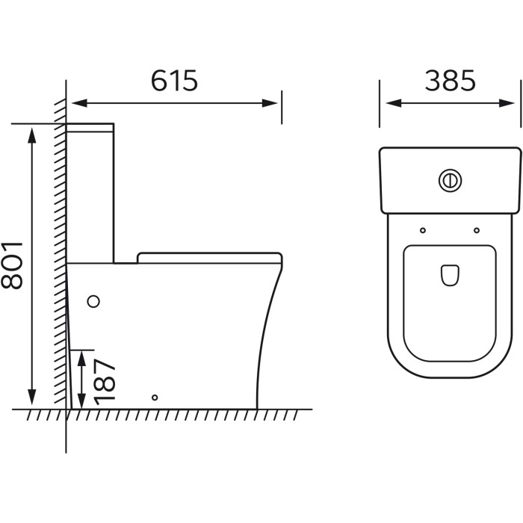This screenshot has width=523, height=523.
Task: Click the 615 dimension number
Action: tap(174, 81)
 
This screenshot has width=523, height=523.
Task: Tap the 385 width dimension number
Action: tap(450, 81)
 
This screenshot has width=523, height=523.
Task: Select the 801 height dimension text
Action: tap(12, 265)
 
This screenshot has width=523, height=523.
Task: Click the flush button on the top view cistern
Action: tap(450, 181)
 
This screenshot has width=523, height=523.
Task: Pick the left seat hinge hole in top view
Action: tap(423, 230)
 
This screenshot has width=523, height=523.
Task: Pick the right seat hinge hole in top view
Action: tap(477, 230)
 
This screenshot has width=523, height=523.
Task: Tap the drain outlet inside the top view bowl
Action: tap(450, 276)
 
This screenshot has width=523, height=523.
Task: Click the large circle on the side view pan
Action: tap(93, 301)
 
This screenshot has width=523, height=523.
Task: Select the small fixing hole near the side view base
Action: tap(155, 397)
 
